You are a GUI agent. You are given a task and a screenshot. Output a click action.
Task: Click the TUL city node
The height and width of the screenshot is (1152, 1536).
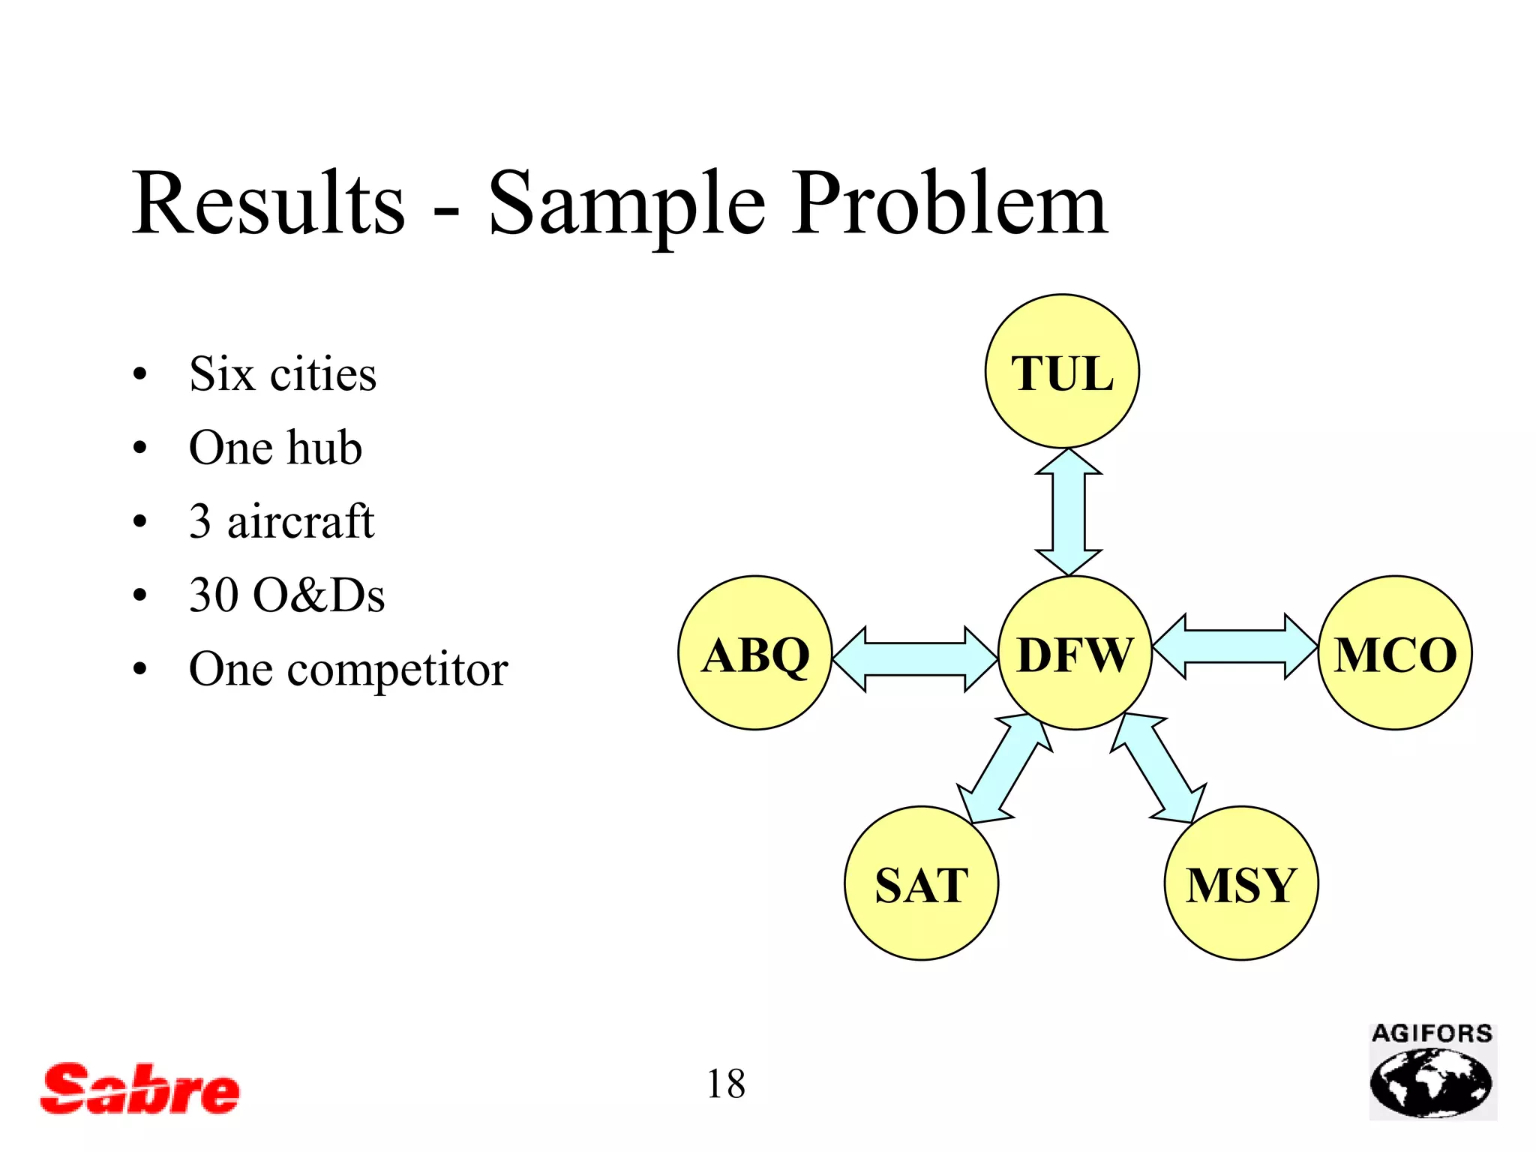[x=1062, y=371]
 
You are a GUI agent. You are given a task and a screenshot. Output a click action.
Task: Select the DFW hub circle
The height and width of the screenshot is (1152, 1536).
[x=1074, y=652]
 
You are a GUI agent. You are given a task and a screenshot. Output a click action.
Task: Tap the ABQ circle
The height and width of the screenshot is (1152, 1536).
[x=755, y=652]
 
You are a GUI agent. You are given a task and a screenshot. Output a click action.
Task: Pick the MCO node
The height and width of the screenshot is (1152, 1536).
[x=1394, y=652]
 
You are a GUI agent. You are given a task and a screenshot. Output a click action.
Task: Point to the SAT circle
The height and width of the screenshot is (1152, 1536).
[x=921, y=883]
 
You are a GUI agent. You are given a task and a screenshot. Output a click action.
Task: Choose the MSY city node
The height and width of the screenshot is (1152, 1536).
[x=1240, y=883]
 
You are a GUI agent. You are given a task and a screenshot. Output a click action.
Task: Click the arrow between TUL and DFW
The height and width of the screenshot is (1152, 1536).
[x=1069, y=512]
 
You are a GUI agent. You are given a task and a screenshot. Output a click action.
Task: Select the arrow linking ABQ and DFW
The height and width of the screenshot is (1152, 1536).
[x=915, y=658]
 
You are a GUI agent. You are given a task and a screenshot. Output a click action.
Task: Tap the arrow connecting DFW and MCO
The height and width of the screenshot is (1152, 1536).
[x=1234, y=646]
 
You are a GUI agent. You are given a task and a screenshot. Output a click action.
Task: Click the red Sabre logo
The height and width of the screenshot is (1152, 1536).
[x=139, y=1089]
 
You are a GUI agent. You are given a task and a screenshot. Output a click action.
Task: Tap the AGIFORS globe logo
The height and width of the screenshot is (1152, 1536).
[x=1432, y=1072]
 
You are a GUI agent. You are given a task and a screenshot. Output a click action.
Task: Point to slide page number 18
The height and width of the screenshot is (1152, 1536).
[x=725, y=1084]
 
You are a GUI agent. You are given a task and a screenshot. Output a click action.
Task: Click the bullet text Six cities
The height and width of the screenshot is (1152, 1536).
[x=282, y=373]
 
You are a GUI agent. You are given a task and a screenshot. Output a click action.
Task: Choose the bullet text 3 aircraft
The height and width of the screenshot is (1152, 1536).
[x=281, y=521]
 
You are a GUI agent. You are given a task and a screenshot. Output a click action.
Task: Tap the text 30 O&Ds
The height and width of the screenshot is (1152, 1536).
[x=286, y=595]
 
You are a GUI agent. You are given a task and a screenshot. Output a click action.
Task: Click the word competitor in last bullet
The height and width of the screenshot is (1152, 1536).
[x=397, y=670]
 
